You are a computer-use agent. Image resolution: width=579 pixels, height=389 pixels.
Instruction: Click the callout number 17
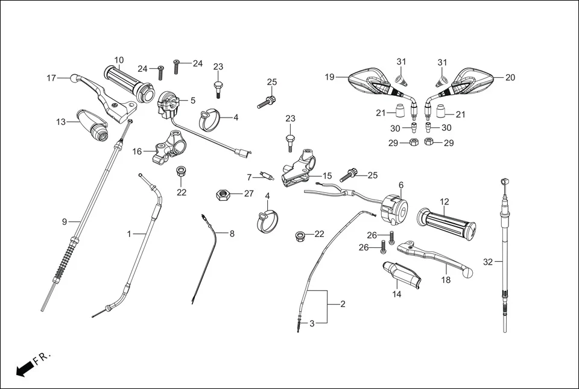[51, 78]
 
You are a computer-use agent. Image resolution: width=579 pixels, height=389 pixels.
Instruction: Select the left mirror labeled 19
[370, 82]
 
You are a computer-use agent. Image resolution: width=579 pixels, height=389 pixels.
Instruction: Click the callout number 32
[488, 262]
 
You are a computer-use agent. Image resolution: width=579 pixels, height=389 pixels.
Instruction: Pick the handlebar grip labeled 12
[448, 221]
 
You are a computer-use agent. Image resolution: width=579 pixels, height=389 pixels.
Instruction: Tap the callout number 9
[64, 222]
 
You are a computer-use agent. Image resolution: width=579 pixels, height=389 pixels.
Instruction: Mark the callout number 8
[232, 233]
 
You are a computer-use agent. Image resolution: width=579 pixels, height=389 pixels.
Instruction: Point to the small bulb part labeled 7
[265, 177]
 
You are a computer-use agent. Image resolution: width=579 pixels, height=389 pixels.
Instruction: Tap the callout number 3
[312, 324]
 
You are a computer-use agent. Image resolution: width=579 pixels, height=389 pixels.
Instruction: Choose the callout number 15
[327, 176]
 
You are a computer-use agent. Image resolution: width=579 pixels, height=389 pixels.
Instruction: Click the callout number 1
[128, 233]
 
